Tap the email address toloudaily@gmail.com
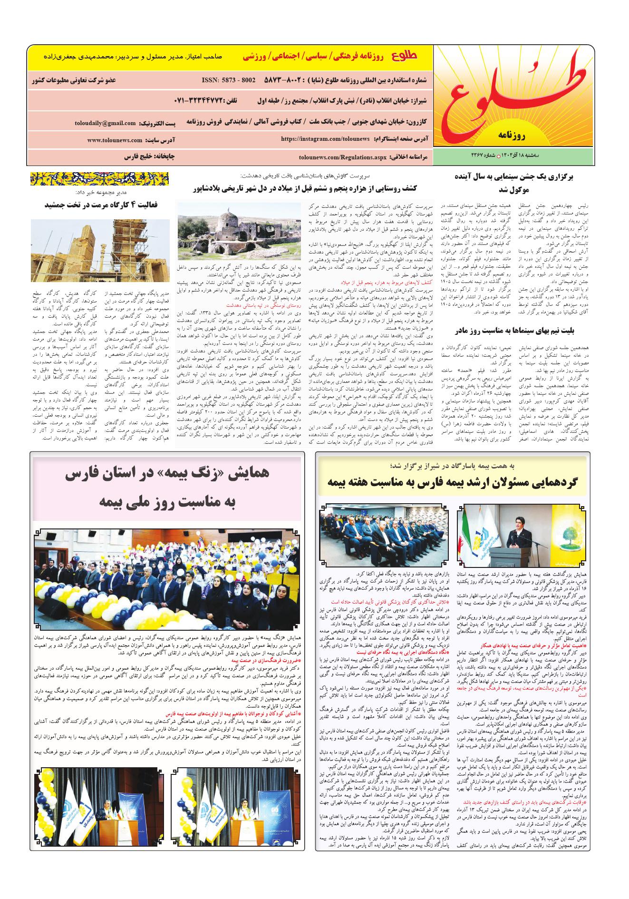(105, 123)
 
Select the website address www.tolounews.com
(115, 140)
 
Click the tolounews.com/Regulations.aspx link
(343, 156)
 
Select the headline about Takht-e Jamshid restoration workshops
(101, 205)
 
